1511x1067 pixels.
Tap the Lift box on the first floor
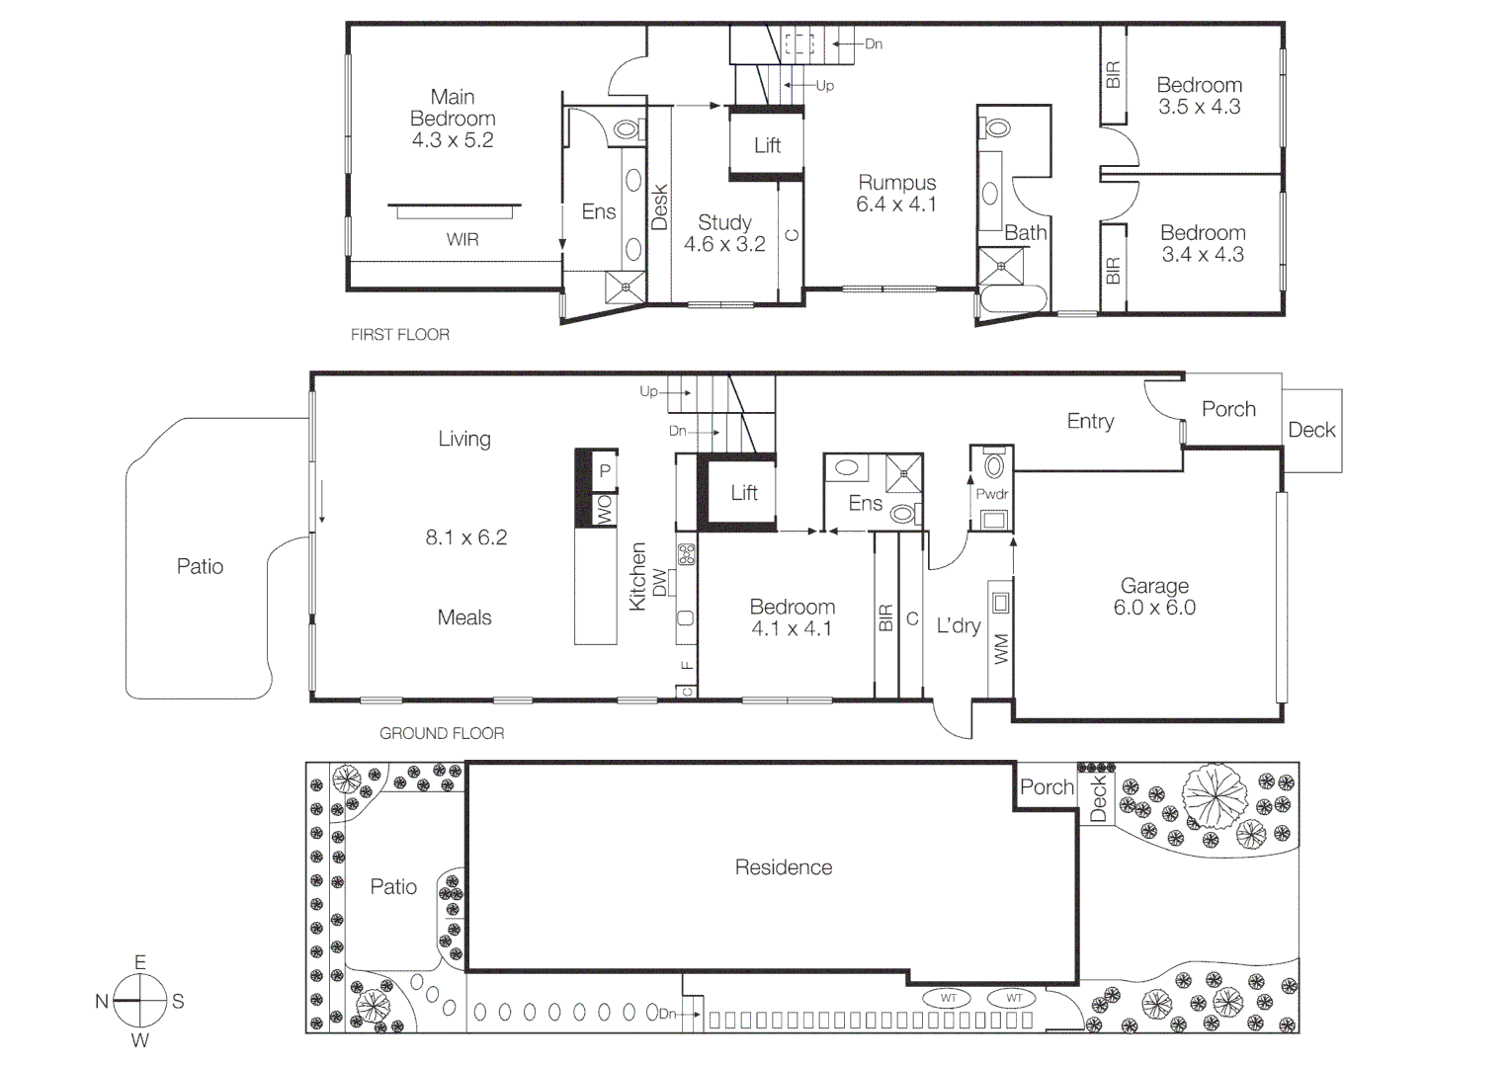[767, 145]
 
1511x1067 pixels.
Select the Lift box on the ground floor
[744, 492]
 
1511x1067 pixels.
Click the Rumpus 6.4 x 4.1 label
[896, 194]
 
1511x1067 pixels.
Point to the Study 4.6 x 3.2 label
[724, 233]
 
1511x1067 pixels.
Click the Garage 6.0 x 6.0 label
[1154, 597]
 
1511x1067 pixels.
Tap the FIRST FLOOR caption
[400, 335]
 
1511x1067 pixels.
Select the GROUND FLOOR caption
[442, 733]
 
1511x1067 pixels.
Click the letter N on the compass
[102, 1002]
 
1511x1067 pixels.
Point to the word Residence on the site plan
[783, 867]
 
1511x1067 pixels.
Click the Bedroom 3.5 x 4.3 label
[1199, 96]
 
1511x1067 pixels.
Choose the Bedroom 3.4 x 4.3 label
[1202, 243]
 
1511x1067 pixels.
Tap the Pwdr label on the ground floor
[991, 494]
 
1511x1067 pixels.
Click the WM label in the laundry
[1001, 649]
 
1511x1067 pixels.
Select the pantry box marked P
[605, 471]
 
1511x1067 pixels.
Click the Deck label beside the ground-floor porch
[1311, 430]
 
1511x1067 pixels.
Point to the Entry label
[1090, 421]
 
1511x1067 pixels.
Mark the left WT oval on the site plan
[948, 998]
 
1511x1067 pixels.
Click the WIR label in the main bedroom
[462, 239]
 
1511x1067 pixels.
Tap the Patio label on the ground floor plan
[200, 566]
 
